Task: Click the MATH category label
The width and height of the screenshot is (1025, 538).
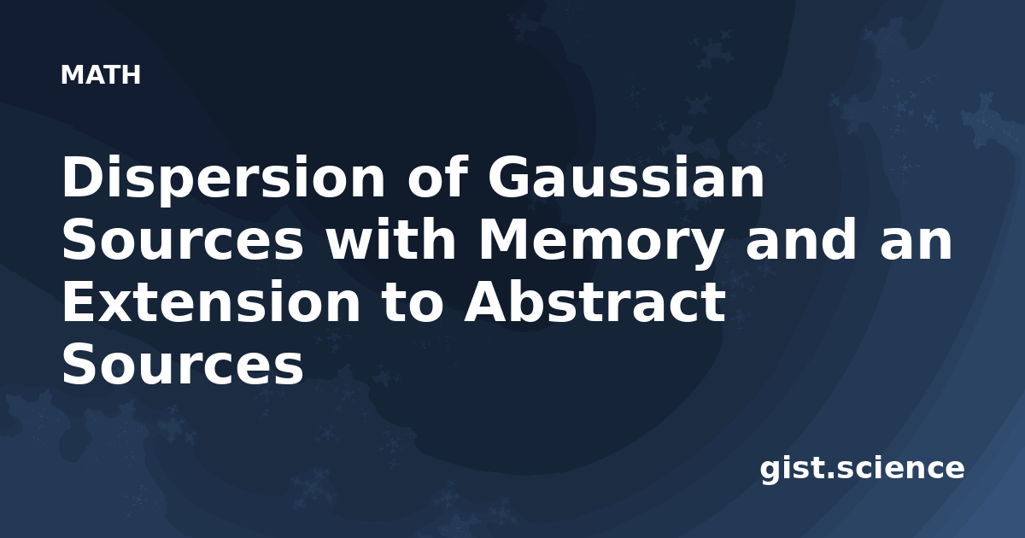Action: click(x=101, y=75)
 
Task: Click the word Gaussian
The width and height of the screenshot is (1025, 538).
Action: click(x=626, y=177)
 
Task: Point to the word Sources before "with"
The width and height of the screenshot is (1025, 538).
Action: click(x=183, y=239)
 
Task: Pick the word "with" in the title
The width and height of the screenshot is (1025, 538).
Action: click(x=391, y=238)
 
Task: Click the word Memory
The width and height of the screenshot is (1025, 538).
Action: click(x=600, y=243)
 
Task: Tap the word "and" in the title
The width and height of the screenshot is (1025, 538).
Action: click(x=800, y=238)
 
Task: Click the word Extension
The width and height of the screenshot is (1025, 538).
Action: click(x=211, y=301)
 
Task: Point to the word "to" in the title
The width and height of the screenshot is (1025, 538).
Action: click(x=413, y=303)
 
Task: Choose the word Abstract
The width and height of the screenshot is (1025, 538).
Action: click(x=594, y=301)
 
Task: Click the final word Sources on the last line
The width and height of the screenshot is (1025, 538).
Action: click(x=183, y=364)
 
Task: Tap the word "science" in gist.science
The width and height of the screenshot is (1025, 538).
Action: click(x=899, y=468)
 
